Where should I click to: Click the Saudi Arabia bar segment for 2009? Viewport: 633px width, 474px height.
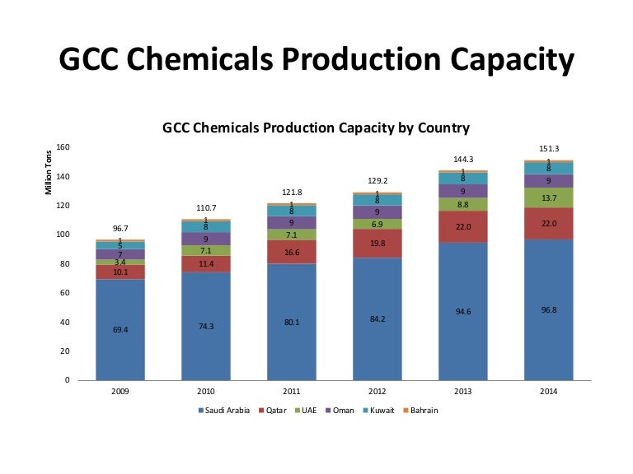tap(120, 329)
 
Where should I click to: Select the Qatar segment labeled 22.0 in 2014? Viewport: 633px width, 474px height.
tap(549, 223)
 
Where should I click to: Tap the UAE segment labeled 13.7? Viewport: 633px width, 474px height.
tap(549, 197)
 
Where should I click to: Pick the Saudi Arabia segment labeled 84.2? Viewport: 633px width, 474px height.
tap(377, 318)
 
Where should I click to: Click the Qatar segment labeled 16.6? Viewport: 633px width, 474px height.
tap(292, 252)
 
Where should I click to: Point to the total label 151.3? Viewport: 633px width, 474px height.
tap(549, 149)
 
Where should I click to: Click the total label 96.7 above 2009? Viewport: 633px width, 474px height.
tap(120, 228)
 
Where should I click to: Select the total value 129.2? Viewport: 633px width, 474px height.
tap(377, 180)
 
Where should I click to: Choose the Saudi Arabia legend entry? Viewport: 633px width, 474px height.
tap(223, 410)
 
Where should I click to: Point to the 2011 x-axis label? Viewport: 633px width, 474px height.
tap(292, 391)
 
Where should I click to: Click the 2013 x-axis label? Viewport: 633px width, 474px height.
tap(463, 391)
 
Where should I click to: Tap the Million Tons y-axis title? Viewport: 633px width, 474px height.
tap(49, 171)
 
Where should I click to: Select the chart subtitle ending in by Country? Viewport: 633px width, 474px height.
tap(316, 128)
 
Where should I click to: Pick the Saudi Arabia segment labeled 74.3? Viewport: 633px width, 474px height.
tap(206, 326)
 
